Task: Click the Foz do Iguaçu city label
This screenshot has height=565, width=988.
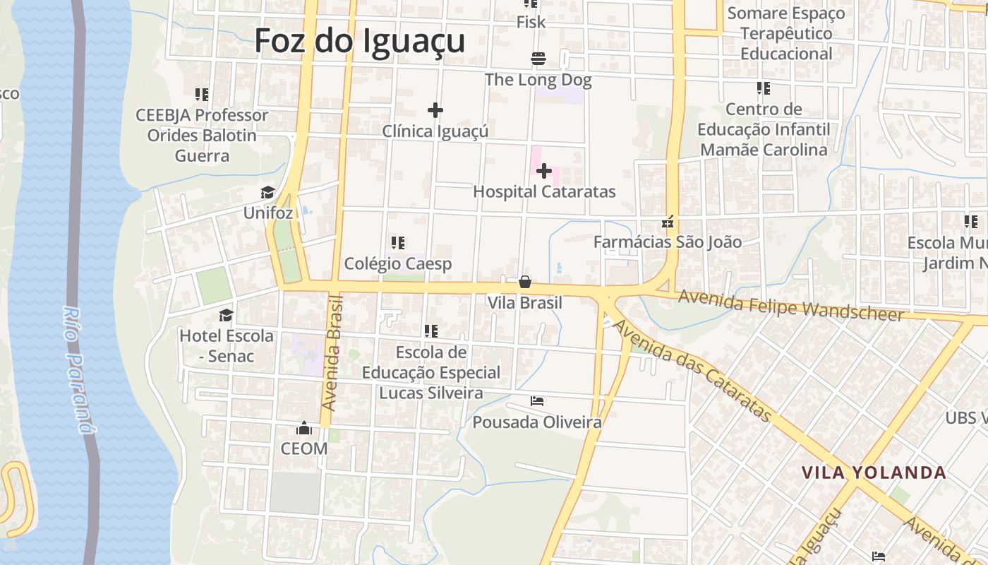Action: coord(359,40)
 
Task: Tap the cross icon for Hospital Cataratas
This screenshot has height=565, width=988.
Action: coord(543,171)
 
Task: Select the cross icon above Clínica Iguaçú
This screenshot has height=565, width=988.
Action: coord(435,110)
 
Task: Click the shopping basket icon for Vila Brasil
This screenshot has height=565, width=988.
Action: coord(525,282)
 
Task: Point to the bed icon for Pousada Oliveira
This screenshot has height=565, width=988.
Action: coord(537,401)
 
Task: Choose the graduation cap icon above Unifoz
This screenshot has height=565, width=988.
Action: coord(267,193)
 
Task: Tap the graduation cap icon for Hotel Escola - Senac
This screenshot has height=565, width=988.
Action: coord(226,315)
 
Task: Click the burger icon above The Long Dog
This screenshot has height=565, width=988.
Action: coord(538,59)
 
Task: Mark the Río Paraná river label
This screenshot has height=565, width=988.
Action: coord(78,367)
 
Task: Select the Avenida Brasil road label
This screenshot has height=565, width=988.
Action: coord(332,353)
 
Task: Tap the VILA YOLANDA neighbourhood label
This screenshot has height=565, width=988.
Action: coord(874,472)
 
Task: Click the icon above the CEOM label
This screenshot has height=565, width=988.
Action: coord(304,428)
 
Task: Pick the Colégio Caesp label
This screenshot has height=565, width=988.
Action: coord(397,263)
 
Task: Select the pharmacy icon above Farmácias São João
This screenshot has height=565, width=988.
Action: coord(668,222)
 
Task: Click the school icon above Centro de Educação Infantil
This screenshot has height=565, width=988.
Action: coord(764,88)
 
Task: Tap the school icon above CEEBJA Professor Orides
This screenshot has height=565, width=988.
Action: coord(202,94)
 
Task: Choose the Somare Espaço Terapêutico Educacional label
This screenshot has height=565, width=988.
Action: coord(785,33)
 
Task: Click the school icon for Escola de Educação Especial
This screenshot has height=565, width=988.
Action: coord(431,331)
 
